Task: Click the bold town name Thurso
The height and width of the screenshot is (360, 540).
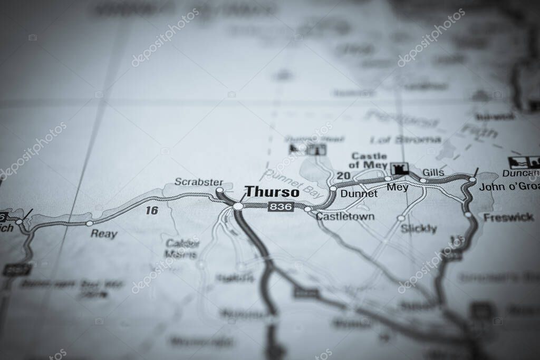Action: click(272, 192)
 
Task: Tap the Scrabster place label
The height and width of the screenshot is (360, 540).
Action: click(199, 182)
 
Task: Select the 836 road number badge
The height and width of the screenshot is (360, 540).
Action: click(281, 207)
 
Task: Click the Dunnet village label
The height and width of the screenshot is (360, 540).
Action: click(359, 193)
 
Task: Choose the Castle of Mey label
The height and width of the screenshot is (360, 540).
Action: click(369, 160)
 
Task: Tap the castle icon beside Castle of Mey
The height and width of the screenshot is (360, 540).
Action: click(400, 169)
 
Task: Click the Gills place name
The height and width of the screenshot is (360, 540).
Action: click(433, 172)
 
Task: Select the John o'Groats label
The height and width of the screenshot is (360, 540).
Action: click(509, 187)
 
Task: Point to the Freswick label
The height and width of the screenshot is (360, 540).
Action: click(508, 217)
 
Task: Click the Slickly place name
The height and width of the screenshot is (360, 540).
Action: click(419, 229)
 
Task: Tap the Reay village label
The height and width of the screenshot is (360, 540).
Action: click(104, 234)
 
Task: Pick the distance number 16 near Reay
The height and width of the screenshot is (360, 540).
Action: click(152, 211)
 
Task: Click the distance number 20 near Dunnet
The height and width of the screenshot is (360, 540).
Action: click(343, 176)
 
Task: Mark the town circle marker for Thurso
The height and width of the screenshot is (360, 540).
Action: click(238, 206)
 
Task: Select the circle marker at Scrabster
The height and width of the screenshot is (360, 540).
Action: click(219, 190)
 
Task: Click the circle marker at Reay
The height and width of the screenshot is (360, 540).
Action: click(90, 223)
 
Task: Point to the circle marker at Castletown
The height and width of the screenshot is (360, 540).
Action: click(307, 209)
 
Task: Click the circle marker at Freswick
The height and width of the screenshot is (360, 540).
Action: click(468, 215)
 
